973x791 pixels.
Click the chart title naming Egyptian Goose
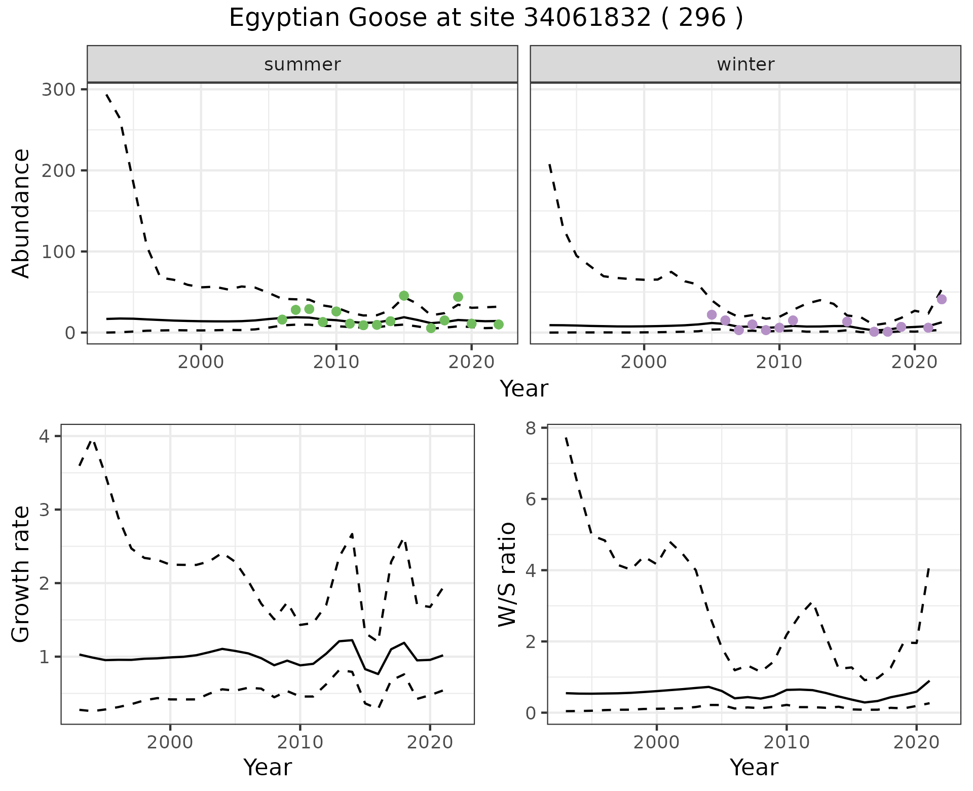(x=486, y=18)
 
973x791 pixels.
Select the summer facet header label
(x=303, y=64)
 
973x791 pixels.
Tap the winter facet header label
(x=745, y=64)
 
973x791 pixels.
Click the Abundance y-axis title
(x=21, y=213)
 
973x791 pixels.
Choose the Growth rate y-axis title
(x=21, y=574)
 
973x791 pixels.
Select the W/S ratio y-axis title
(x=507, y=574)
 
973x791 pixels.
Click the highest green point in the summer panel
(x=404, y=296)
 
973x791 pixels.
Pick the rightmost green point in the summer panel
(x=499, y=325)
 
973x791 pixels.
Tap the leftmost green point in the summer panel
(x=282, y=319)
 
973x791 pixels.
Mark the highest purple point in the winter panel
(x=942, y=299)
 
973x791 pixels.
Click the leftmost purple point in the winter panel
(x=712, y=315)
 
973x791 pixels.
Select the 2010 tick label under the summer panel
(x=336, y=363)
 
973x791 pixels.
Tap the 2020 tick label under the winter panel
(x=915, y=363)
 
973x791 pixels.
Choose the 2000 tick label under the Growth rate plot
(x=170, y=743)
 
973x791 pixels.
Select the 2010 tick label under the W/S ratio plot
(x=787, y=743)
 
